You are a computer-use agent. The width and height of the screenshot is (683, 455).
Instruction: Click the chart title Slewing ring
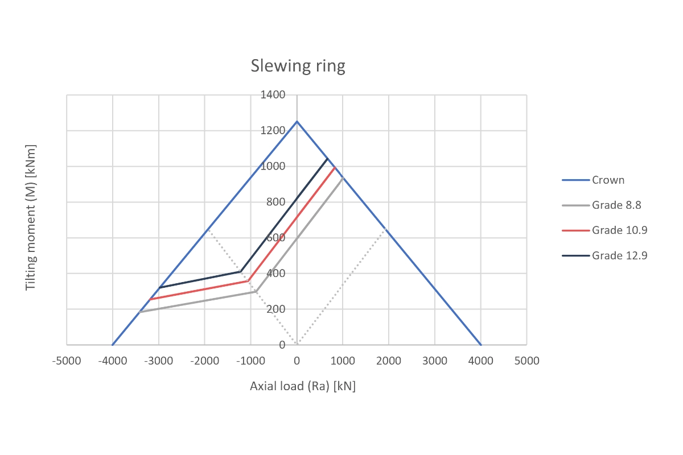pyautogui.click(x=298, y=67)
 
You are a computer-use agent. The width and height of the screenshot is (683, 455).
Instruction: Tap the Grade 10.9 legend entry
pyautogui.click(x=619, y=230)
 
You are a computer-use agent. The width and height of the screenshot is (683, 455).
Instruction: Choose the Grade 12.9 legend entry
pyautogui.click(x=619, y=255)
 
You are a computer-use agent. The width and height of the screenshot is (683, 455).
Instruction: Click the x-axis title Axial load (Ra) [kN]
pyautogui.click(x=303, y=386)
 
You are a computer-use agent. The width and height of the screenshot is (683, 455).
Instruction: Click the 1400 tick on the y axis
pyautogui.click(x=273, y=95)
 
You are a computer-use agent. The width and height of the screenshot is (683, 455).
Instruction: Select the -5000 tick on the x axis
pyautogui.click(x=67, y=361)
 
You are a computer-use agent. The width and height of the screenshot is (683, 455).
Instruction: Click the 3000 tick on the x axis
pyautogui.click(x=435, y=361)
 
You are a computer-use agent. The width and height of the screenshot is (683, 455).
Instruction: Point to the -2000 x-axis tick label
pyautogui.click(x=204, y=361)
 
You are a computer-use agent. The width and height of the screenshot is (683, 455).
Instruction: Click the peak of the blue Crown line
pyautogui.click(x=297, y=121)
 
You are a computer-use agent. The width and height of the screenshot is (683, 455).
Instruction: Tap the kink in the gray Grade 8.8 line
pyautogui.click(x=256, y=292)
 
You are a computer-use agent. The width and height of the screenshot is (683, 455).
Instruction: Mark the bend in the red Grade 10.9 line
pyautogui.click(x=248, y=281)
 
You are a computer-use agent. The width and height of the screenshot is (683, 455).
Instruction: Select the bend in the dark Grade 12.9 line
pyautogui.click(x=241, y=271)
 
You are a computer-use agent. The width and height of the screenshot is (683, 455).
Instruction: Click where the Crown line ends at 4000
pyautogui.click(x=481, y=345)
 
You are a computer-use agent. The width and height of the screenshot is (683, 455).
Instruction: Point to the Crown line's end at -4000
pyautogui.click(x=113, y=345)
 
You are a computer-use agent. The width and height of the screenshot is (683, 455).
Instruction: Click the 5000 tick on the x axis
pyautogui.click(x=526, y=361)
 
